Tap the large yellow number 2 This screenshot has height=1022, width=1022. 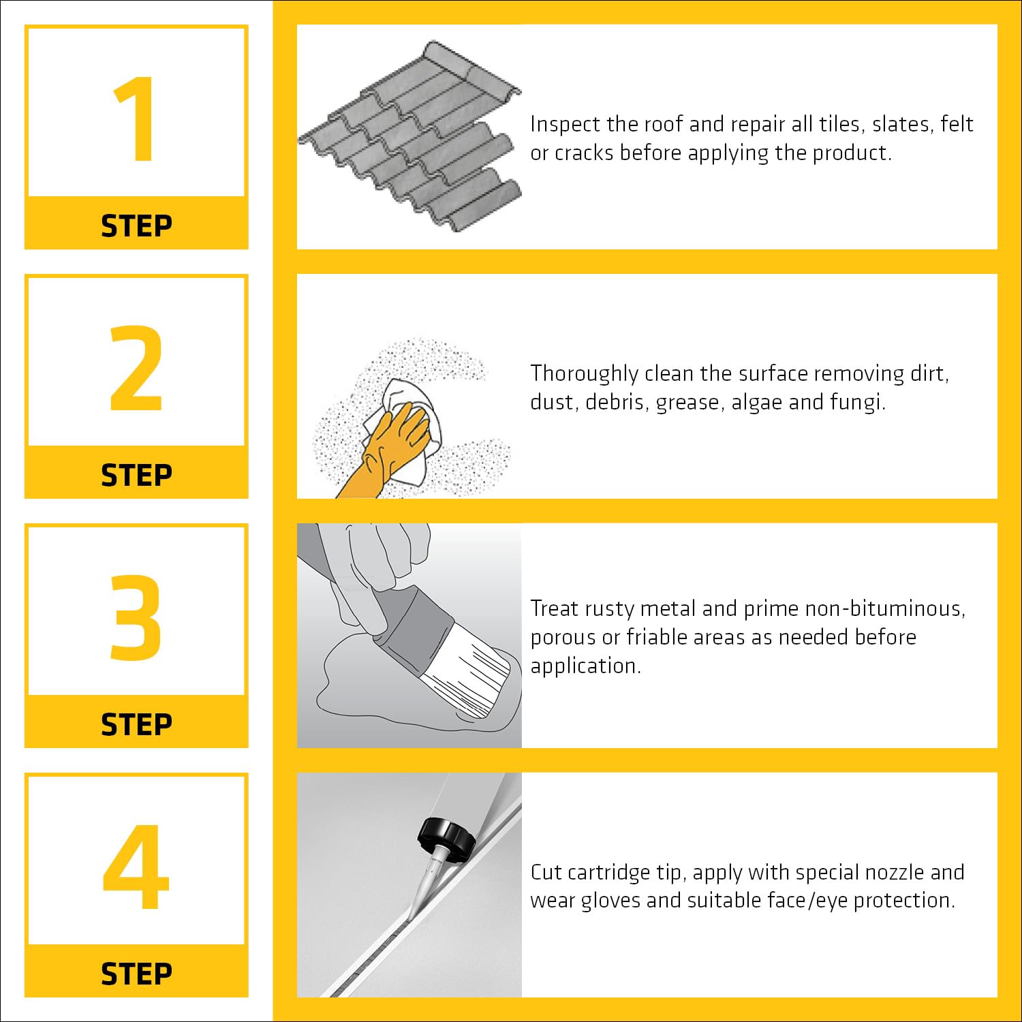[136, 368]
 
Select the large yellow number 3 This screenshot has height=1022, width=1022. [136, 617]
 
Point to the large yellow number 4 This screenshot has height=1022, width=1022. [136, 867]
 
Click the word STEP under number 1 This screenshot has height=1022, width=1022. [136, 226]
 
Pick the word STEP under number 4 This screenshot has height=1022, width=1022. [136, 974]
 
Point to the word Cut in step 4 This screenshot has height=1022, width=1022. [546, 873]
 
